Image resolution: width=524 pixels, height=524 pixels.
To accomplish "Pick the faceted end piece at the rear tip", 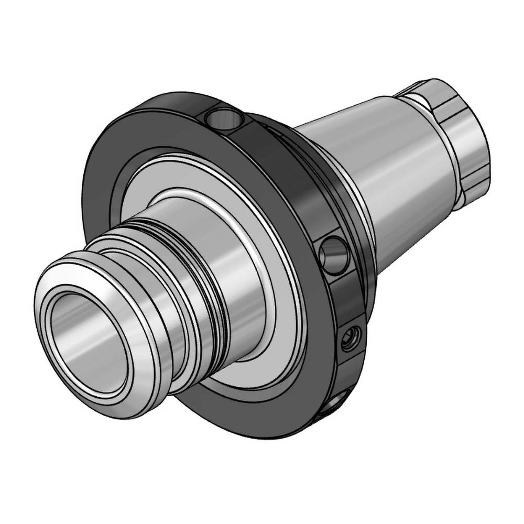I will click(461, 131).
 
